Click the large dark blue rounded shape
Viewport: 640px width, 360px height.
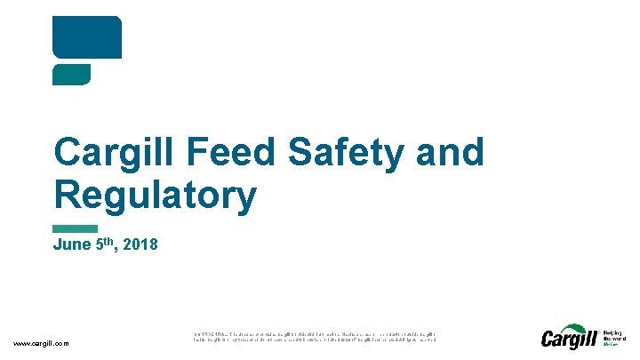tap(87, 37)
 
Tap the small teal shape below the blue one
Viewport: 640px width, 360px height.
tap(72, 75)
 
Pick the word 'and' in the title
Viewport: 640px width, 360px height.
tap(453, 153)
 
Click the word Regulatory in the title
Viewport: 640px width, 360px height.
tap(155, 196)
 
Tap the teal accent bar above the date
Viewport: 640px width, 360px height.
tap(76, 229)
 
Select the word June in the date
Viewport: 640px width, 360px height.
tap(72, 244)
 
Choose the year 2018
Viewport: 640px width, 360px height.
tap(141, 244)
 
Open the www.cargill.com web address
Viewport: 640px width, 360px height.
tap(42, 344)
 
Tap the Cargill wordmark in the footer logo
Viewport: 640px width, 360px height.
tap(569, 339)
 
